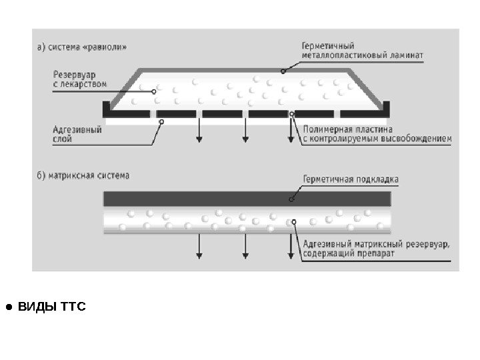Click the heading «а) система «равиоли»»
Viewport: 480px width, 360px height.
[80, 47]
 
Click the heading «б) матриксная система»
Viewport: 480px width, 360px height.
[83, 176]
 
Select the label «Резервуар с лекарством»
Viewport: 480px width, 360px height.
[79, 79]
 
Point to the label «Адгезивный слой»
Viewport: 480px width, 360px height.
[77, 135]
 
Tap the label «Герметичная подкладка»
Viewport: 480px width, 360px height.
[350, 179]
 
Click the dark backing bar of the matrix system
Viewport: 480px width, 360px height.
[247, 199]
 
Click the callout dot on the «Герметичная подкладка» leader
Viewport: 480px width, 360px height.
[291, 198]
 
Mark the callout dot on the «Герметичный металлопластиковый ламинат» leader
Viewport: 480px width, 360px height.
[283, 71]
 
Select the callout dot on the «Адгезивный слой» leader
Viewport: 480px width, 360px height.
[162, 121]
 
